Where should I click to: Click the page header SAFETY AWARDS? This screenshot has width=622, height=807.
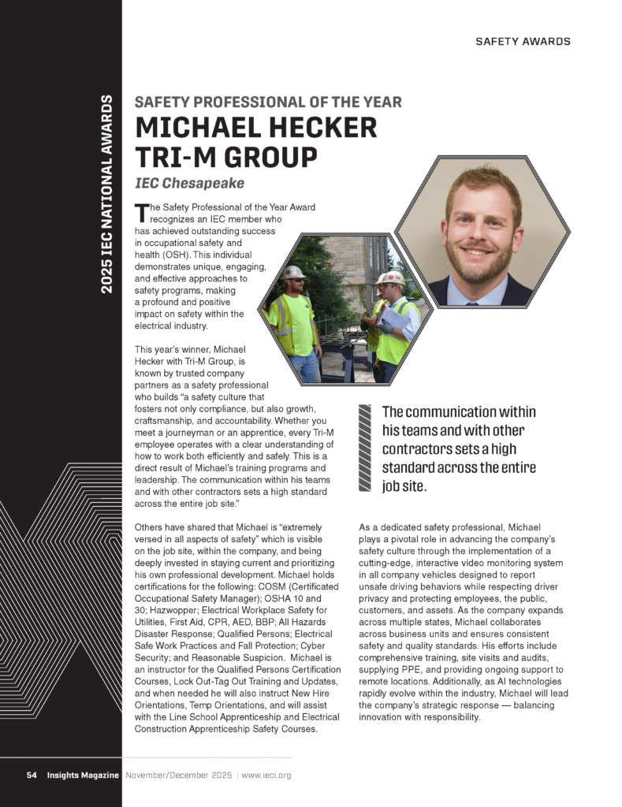tap(523, 41)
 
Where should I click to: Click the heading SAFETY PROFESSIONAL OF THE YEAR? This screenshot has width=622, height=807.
tap(268, 102)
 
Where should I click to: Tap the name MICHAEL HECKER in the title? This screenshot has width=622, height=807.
tap(256, 128)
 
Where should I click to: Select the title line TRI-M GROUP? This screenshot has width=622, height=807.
tap(226, 157)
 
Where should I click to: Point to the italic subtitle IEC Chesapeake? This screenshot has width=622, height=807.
tap(189, 184)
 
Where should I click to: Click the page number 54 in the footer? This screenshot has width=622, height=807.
tap(32, 775)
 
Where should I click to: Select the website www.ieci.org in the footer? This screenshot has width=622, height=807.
tap(266, 775)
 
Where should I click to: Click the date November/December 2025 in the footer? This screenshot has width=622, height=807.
tap(178, 775)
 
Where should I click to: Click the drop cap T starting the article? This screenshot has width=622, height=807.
tap(141, 211)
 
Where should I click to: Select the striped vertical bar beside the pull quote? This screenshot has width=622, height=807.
tap(364, 448)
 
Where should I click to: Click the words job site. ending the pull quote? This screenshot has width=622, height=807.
tap(404, 487)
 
